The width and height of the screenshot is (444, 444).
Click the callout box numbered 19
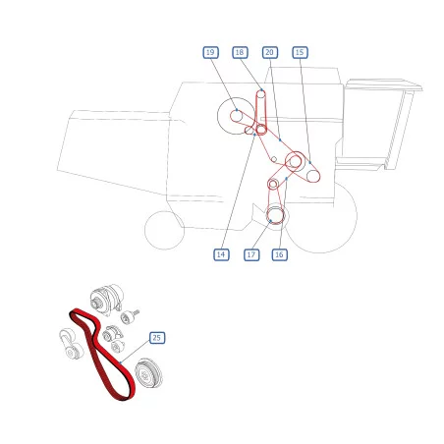click(210, 52)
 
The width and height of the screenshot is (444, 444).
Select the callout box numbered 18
click(240, 52)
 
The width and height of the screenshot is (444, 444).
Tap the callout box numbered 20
click(270, 52)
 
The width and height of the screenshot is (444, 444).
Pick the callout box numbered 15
click(300, 52)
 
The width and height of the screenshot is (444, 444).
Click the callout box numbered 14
click(221, 254)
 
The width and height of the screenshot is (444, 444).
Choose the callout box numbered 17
click(251, 254)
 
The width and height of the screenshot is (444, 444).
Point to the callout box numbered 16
click(280, 254)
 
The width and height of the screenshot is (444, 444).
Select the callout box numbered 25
click(157, 338)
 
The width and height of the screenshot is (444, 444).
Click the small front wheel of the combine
click(164, 230)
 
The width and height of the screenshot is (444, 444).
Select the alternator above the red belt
click(107, 300)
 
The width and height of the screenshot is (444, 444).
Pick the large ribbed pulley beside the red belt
click(149, 373)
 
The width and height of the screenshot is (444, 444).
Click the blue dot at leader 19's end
click(237, 110)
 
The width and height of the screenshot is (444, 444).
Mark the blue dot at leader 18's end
click(261, 89)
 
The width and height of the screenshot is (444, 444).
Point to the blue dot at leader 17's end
click(271, 221)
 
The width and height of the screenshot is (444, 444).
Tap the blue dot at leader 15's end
click(310, 162)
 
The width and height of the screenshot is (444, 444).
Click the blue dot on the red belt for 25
click(121, 362)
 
